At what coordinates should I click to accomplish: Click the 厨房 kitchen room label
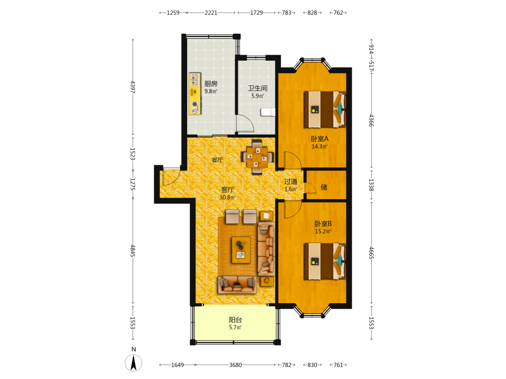pyautogui.click(x=210, y=84)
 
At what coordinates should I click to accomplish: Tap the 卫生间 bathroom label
pyautogui.click(x=258, y=88)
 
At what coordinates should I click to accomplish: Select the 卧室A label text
pyautogui.click(x=319, y=139)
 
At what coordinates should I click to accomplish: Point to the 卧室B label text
pyautogui.click(x=323, y=224)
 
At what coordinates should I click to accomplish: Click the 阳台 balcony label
pyautogui.click(x=235, y=320)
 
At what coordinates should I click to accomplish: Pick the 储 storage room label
pyautogui.click(x=324, y=187)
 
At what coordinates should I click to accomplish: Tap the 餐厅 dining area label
pyautogui.click(x=217, y=160)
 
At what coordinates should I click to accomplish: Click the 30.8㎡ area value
pyautogui.click(x=228, y=197)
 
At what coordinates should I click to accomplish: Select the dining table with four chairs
pyautogui.click(x=257, y=157)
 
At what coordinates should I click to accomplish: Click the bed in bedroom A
pyautogui.click(x=325, y=109)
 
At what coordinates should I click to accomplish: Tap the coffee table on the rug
pyautogui.click(x=241, y=250)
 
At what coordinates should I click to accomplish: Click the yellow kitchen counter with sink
pyautogui.click(x=195, y=93)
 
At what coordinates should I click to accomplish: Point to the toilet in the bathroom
pyautogui.click(x=268, y=112)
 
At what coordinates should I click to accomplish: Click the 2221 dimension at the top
pyautogui.click(x=211, y=13)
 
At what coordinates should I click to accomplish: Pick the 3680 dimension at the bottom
pyautogui.click(x=235, y=365)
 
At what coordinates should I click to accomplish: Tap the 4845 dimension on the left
pyautogui.click(x=133, y=251)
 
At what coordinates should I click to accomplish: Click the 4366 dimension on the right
pyautogui.click(x=371, y=120)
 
